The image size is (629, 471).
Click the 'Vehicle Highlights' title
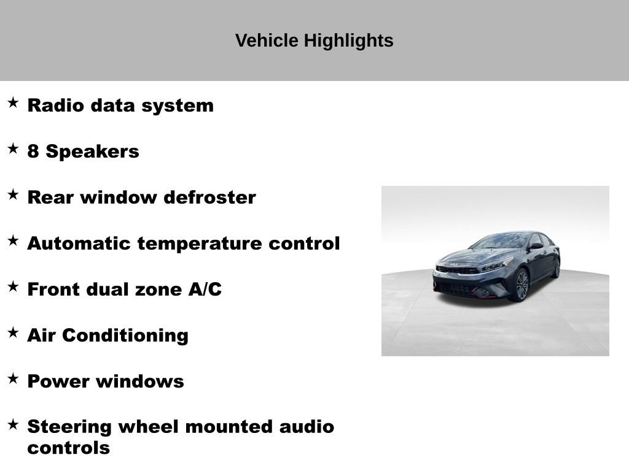pos(314,40)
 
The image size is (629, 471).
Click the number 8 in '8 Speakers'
pos(33,151)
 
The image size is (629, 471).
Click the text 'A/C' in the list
pos(205,289)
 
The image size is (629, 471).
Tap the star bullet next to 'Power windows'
pos(13,378)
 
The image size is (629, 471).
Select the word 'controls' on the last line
pos(68,448)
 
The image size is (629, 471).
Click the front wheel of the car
pos(522,285)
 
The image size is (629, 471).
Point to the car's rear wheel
pos(557,268)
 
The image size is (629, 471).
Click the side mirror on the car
pos(536,246)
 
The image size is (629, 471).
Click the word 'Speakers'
pos(92,151)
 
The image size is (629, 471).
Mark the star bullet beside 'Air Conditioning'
pos(13,332)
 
